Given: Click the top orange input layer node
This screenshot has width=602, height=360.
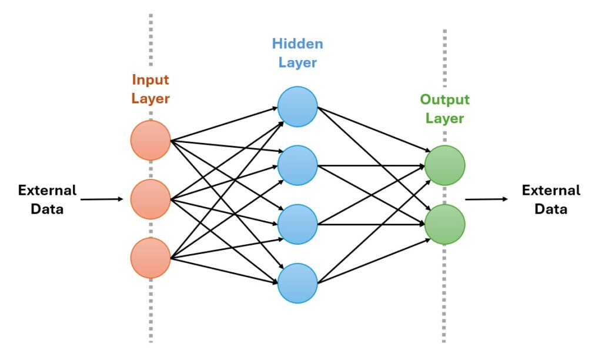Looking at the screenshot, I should pos(150,140).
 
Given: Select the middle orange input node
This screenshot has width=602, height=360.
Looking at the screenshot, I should pos(150,199).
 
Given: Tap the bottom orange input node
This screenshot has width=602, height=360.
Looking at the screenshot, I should pos(150,258).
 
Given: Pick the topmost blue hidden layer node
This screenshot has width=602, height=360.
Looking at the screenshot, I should pos(297,106).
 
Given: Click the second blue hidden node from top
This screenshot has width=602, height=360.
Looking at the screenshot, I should pos(297,165).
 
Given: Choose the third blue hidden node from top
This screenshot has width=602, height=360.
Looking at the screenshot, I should pos(297,224).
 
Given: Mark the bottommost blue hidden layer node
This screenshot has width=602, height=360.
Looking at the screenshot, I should pos(297,283).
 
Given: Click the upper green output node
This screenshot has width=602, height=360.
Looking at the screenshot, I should pos(444,165).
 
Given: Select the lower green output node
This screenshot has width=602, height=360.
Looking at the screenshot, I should pos(444,224).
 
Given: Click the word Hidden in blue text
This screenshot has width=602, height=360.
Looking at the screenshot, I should pos(297,44).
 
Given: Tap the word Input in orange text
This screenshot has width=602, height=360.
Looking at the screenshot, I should pos(150,79).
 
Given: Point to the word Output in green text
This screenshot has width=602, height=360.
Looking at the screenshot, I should pos(444,99).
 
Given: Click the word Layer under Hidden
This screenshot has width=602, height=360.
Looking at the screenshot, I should pos(297,62).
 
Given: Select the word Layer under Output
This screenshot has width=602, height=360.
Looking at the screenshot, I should pos(444,118).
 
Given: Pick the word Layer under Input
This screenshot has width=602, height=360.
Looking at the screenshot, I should pos(150,98).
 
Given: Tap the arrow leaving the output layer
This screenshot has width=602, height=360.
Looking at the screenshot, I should pos(486,199).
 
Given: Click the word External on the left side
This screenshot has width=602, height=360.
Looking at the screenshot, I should pos(47,191).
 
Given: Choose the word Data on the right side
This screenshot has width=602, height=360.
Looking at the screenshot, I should pos(551,209).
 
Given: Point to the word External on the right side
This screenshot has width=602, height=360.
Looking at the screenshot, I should pos(551,191).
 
